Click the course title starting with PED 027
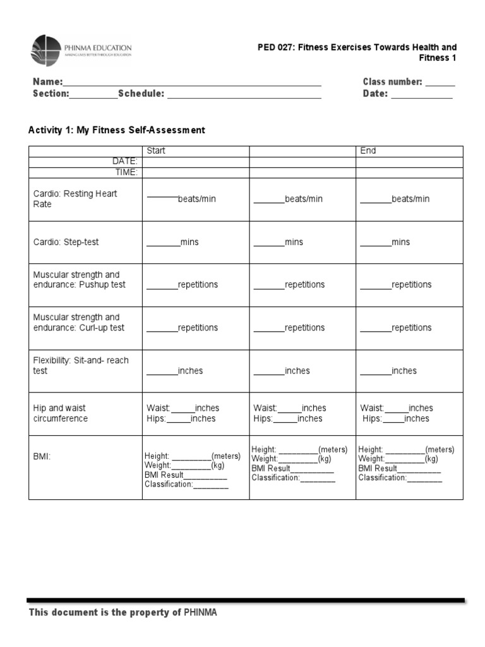coord(357,52)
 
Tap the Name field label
coord(47,82)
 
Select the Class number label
coord(392,82)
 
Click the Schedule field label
coord(141,94)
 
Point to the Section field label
coord(51,94)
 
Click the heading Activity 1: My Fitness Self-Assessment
coord(117,130)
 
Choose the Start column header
coord(156,151)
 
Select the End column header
coord(368,151)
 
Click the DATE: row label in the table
coord(125,162)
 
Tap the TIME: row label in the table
coord(126,172)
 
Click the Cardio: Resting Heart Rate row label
coord(75,199)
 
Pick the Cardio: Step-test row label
coord(66,242)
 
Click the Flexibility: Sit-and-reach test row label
coord(80,365)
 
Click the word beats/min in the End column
coord(410,199)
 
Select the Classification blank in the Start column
coord(211,485)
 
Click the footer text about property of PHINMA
coord(123,613)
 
